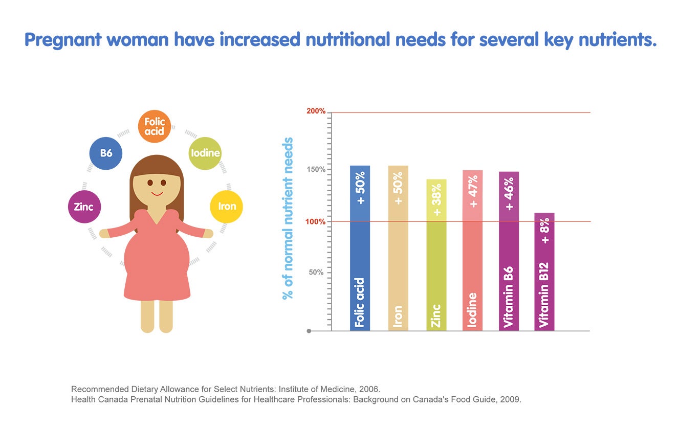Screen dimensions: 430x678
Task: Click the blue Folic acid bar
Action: [360, 248]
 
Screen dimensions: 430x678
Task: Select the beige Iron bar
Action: [398, 248]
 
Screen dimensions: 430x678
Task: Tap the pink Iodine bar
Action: [472, 250]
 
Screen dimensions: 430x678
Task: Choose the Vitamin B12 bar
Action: [544, 271]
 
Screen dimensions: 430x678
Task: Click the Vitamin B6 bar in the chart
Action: [509, 251]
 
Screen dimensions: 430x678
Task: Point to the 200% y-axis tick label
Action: [316, 111]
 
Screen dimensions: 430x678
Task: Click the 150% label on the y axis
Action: [316, 170]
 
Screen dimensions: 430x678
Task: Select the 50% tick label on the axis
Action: [316, 273]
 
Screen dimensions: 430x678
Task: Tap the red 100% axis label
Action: [316, 221]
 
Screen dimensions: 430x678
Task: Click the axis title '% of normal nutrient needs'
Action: [288, 218]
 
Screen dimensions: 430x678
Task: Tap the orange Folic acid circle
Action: [155, 126]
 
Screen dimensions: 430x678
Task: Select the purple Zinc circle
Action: [84, 207]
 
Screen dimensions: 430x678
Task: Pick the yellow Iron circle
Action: [227, 207]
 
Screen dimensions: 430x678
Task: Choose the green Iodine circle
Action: [205, 153]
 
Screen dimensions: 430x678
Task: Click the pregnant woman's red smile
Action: [157, 194]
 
